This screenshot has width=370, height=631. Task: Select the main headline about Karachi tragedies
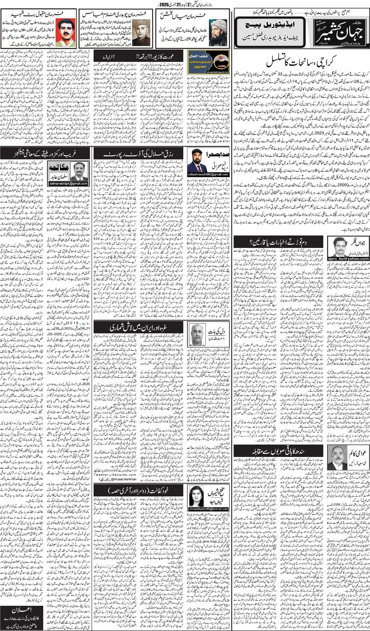coord(301,62)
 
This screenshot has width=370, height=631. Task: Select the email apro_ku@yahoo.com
coord(348,258)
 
